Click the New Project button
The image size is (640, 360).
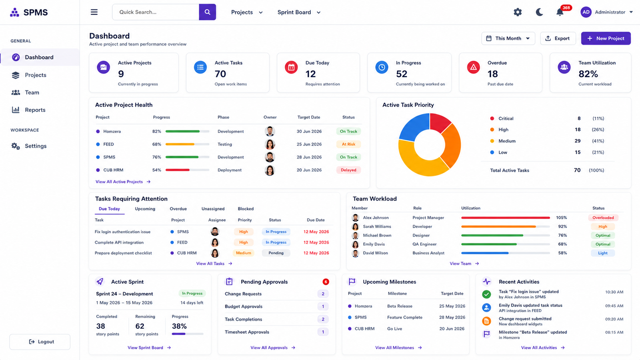[x=606, y=38]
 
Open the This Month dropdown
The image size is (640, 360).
[x=508, y=38]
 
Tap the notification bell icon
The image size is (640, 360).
[x=560, y=12]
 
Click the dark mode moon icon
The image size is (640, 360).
[x=539, y=12]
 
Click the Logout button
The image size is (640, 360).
[x=40, y=342]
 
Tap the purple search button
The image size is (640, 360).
[x=208, y=12]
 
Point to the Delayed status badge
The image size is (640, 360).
[x=348, y=170]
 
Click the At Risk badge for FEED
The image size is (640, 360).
[x=348, y=144]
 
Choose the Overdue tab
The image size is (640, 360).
[x=178, y=209]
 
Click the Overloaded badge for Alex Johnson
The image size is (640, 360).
[x=603, y=218]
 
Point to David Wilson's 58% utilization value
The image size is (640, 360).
[x=562, y=253]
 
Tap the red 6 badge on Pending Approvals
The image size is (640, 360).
[x=326, y=282]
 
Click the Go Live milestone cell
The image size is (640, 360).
[x=394, y=328]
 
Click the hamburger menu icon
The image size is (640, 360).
[x=94, y=12]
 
